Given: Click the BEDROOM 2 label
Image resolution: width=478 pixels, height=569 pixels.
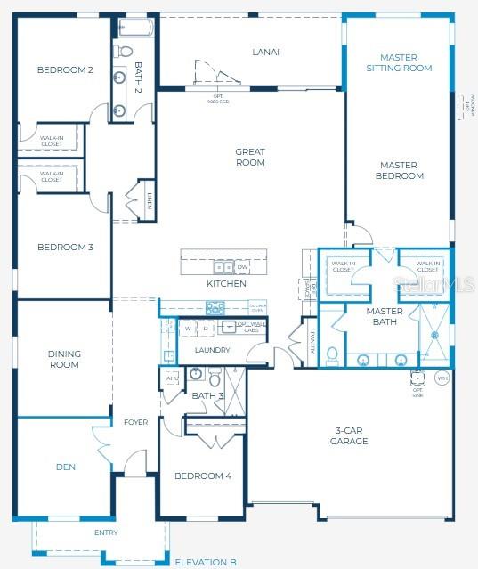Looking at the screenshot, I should point(65,69).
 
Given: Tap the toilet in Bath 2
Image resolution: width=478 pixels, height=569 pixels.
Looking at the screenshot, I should point(124,50).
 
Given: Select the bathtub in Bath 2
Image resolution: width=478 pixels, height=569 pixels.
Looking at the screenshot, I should point(134,27).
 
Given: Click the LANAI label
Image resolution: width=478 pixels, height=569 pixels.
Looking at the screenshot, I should point(265,52).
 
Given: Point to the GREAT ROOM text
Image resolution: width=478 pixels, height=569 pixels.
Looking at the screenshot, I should point(250,157).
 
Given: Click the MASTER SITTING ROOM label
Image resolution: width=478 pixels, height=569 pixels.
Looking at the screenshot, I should point(399,62).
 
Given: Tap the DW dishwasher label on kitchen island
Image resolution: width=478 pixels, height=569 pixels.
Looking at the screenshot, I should point(242,266).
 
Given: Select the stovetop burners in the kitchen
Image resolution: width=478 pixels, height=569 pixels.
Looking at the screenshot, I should point(215,308).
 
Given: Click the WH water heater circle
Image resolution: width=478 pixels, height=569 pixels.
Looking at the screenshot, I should point(442,378).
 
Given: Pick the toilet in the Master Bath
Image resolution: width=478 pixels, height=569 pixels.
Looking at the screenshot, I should point(331,355).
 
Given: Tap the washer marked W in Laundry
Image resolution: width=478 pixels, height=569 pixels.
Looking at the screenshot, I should point(189,329).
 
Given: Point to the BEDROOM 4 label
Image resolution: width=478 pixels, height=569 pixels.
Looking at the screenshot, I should point(203,476).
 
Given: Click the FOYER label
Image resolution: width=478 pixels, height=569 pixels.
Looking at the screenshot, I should point(135,422).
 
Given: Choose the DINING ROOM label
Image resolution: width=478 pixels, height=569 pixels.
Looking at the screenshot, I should point(64,359).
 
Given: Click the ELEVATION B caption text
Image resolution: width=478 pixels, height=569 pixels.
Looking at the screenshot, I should point(206,562).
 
